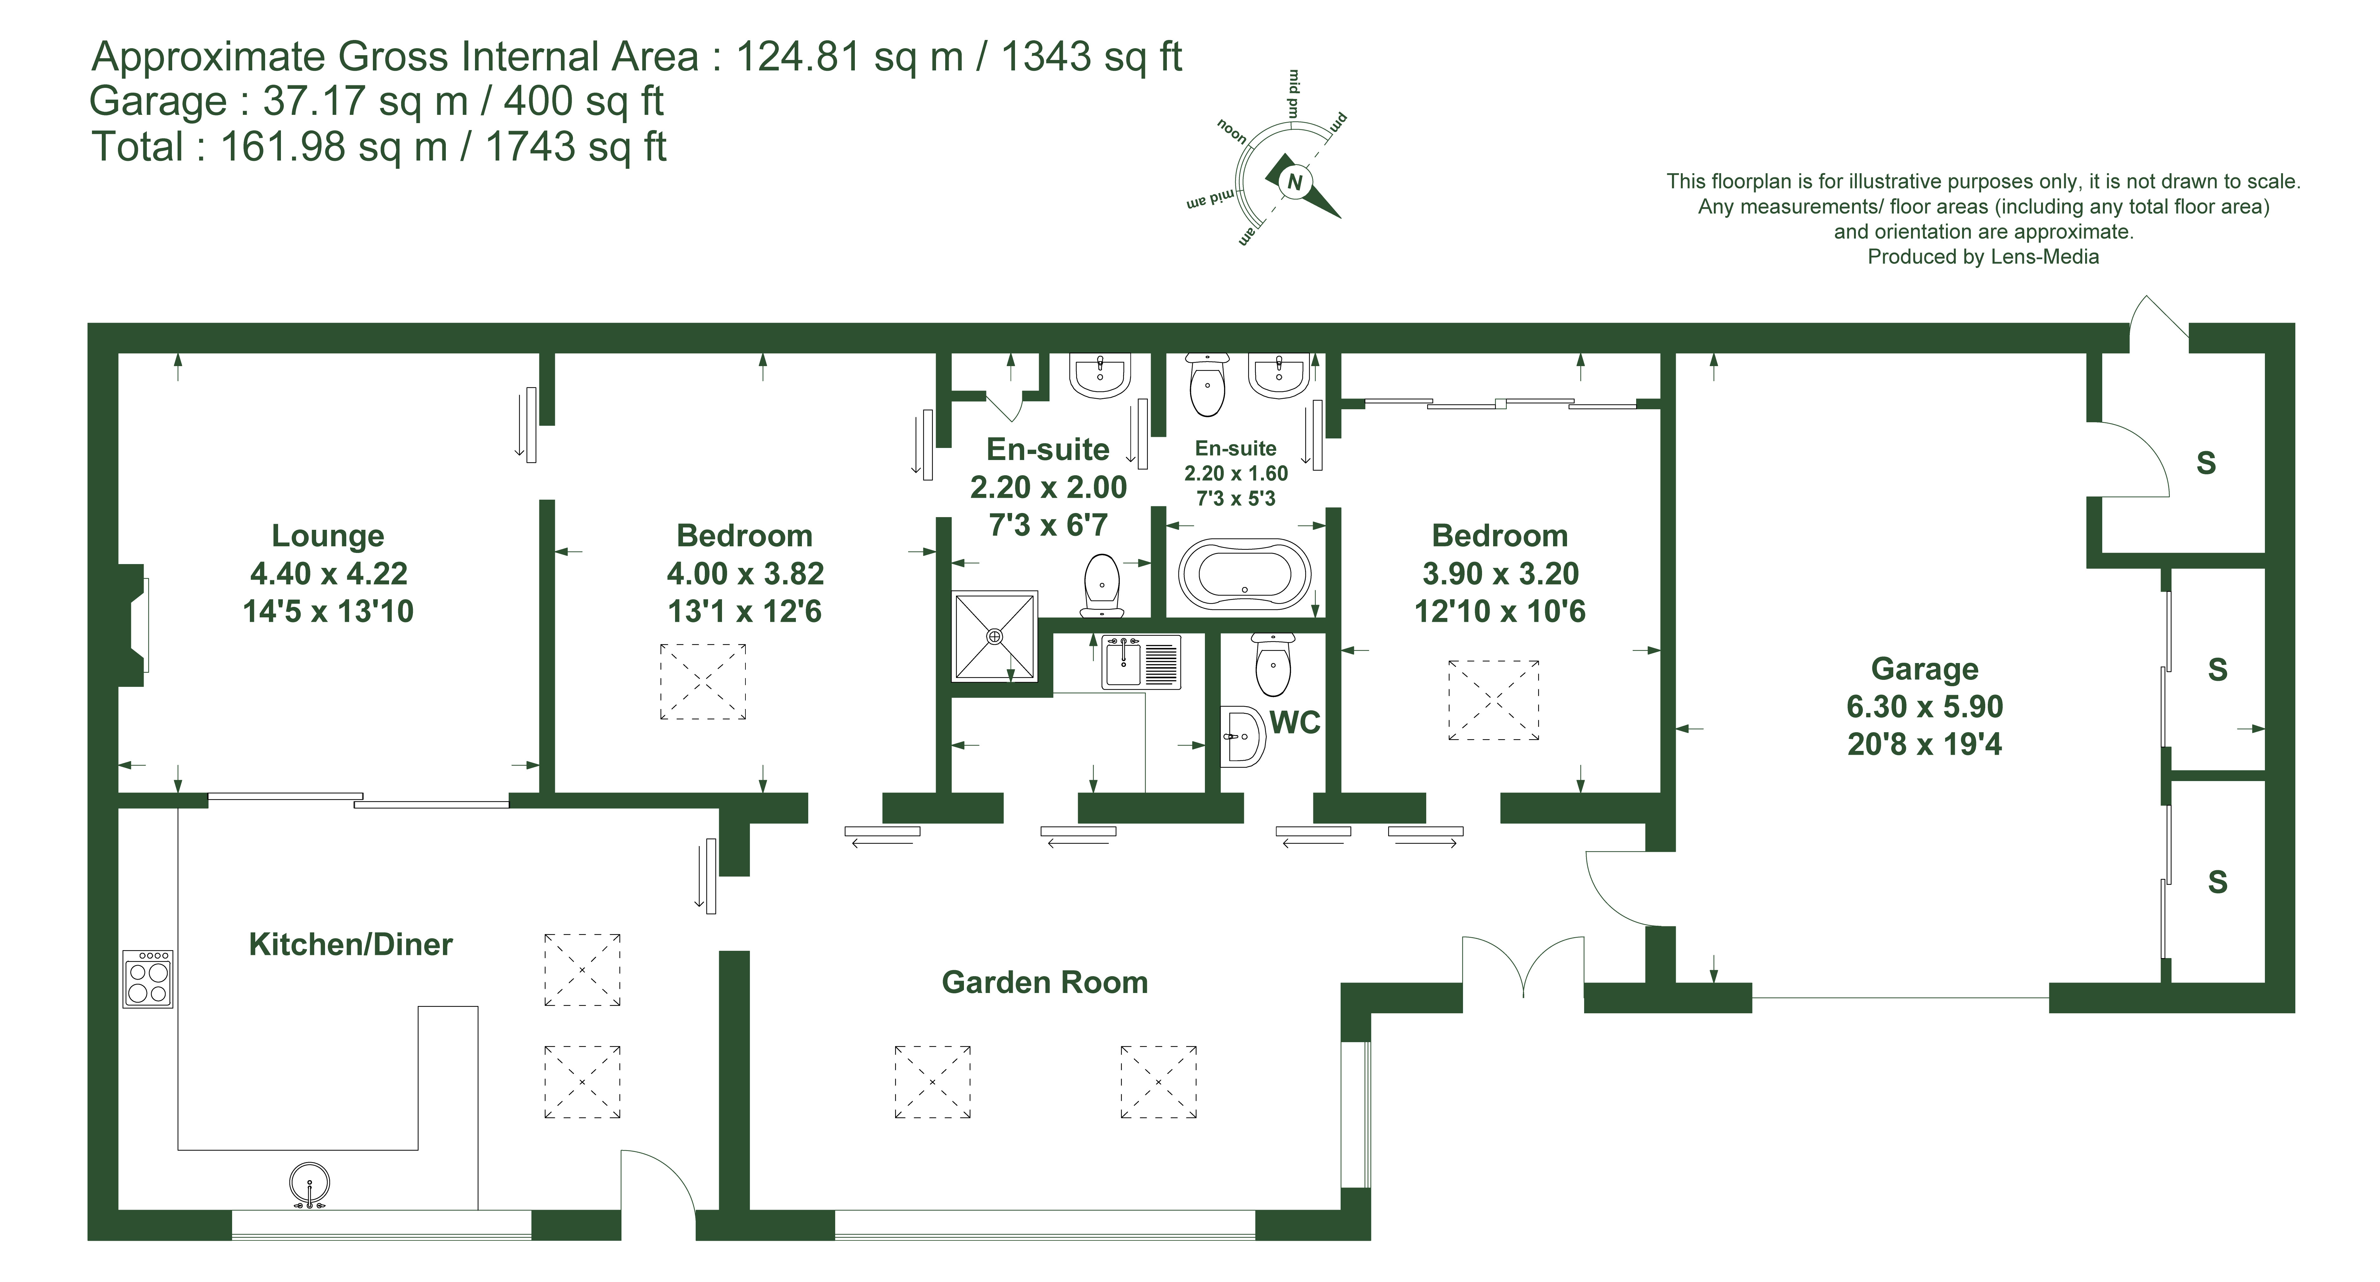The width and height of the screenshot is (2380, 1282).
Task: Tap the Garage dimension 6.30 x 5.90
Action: [x=1924, y=706]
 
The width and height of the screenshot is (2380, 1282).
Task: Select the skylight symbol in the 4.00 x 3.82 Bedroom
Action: [x=703, y=681]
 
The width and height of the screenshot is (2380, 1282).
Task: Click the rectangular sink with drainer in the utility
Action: [x=1141, y=662]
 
